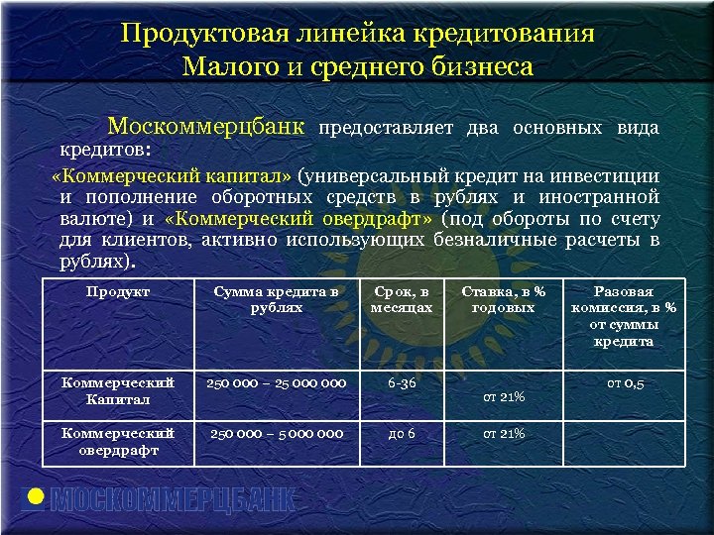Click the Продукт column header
(x=118, y=291)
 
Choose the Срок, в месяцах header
(x=402, y=299)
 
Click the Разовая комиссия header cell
(x=623, y=316)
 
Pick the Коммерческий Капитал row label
(x=118, y=390)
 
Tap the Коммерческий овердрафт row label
(x=118, y=441)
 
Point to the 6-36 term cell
(x=402, y=382)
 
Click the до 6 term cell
(x=402, y=433)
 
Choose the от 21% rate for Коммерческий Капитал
(x=504, y=397)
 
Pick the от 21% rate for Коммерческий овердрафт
(x=504, y=433)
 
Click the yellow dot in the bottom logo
(x=36, y=497)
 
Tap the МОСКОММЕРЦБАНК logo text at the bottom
(x=174, y=500)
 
